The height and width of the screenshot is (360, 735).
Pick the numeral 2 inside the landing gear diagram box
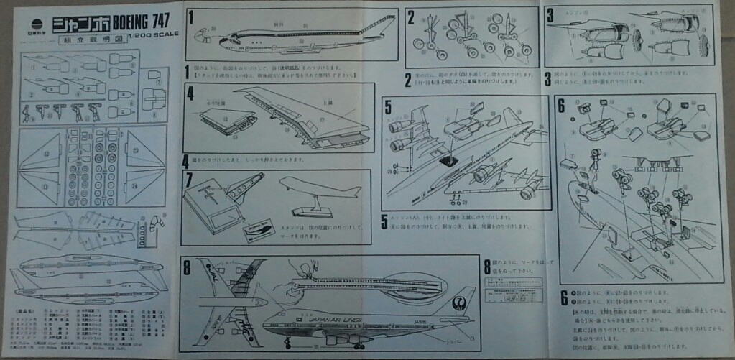click(x=412, y=17)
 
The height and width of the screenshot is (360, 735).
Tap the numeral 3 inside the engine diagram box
click(x=550, y=15)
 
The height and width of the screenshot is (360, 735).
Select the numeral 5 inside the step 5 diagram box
click(x=388, y=106)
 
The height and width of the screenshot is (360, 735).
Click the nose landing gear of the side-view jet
click(x=288, y=343)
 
